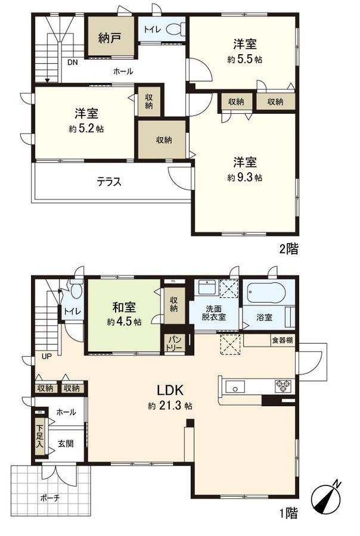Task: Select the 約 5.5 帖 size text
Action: pyautogui.click(x=245, y=59)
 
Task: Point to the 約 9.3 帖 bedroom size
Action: pyautogui.click(x=245, y=177)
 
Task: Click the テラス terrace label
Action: pyautogui.click(x=109, y=182)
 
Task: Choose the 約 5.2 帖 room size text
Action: pyautogui.click(x=86, y=129)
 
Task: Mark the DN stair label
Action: pyautogui.click(x=72, y=62)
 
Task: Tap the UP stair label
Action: pyautogui.click(x=46, y=356)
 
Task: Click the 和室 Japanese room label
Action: pyautogui.click(x=124, y=308)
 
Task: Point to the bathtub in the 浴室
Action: pyautogui.click(x=266, y=294)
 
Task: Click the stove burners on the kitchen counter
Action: pyautogui.click(x=282, y=385)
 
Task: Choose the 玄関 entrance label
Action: pyautogui.click(x=66, y=444)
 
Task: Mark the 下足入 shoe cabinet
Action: pyautogui.click(x=39, y=437)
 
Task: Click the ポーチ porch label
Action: pyautogui.click(x=50, y=498)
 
